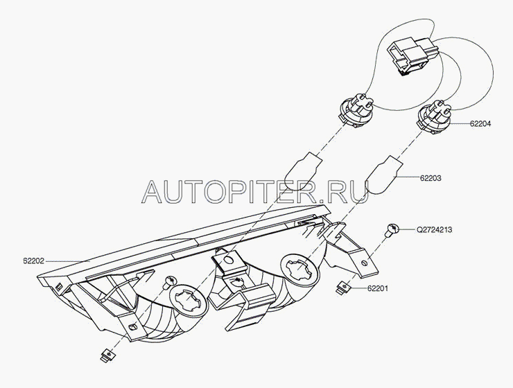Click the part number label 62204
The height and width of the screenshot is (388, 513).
480,124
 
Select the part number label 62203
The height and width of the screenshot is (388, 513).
431,178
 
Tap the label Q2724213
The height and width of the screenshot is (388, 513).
434,230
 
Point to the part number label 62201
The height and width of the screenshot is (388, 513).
378,288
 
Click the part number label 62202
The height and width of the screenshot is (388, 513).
34,261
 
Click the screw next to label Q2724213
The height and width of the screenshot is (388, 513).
392,230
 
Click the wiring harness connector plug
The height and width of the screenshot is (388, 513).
413,55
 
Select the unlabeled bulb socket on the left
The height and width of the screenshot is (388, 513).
357,110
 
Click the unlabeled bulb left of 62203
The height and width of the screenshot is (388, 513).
302,171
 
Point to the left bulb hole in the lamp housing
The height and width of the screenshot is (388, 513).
187,301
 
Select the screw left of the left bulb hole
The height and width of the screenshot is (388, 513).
171,281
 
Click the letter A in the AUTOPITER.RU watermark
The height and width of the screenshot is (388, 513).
152,191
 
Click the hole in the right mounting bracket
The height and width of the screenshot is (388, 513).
365,263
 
